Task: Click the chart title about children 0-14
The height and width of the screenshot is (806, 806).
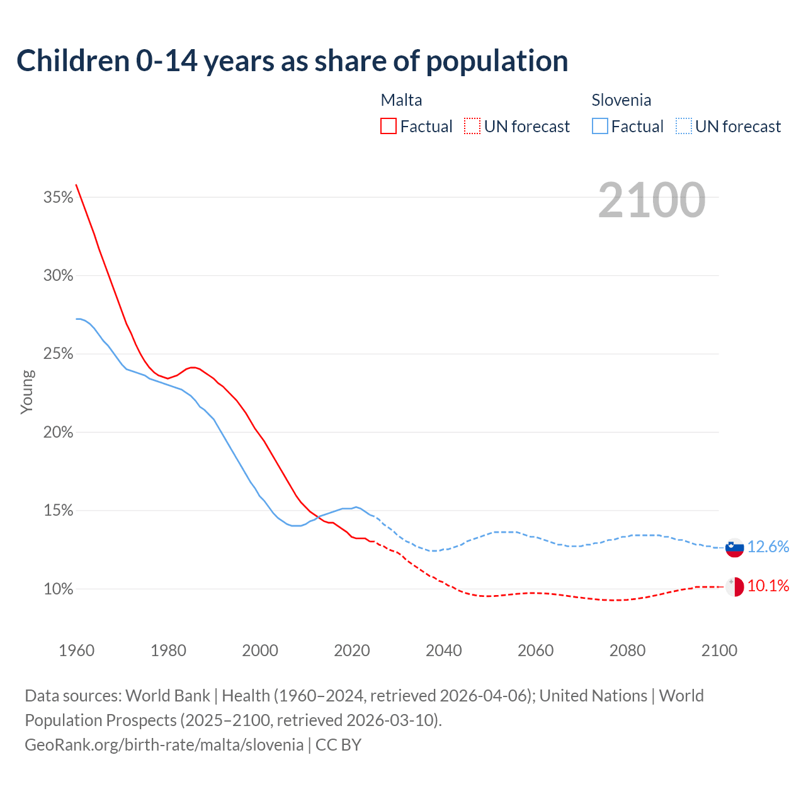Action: (292, 61)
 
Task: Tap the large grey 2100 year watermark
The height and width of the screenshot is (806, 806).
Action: (652, 200)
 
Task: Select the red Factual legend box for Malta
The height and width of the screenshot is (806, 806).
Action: (389, 127)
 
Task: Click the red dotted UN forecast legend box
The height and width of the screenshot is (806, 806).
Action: (472, 127)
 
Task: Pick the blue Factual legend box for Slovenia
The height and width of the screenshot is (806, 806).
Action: (600, 127)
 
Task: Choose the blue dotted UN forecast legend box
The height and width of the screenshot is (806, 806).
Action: (684, 127)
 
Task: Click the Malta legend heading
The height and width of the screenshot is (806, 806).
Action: (401, 100)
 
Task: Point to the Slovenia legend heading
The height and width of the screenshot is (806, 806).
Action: (621, 100)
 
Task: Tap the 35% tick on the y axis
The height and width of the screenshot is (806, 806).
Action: (58, 198)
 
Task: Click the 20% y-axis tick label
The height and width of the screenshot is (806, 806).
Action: (58, 433)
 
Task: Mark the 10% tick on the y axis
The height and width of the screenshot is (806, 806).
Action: (58, 589)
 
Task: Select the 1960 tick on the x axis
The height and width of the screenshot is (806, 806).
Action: (76, 650)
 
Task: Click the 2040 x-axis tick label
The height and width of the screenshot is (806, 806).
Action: (443, 650)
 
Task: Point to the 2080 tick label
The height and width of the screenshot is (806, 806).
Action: (627, 650)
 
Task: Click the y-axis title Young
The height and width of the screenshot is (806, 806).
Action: (27, 392)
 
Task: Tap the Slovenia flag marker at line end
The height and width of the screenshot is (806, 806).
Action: (734, 548)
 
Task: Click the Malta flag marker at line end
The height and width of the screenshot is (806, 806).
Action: (734, 587)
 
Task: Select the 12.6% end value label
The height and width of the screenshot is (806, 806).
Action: (768, 547)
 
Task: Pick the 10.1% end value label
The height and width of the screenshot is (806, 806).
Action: (768, 586)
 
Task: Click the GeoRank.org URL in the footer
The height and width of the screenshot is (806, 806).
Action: (164, 745)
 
